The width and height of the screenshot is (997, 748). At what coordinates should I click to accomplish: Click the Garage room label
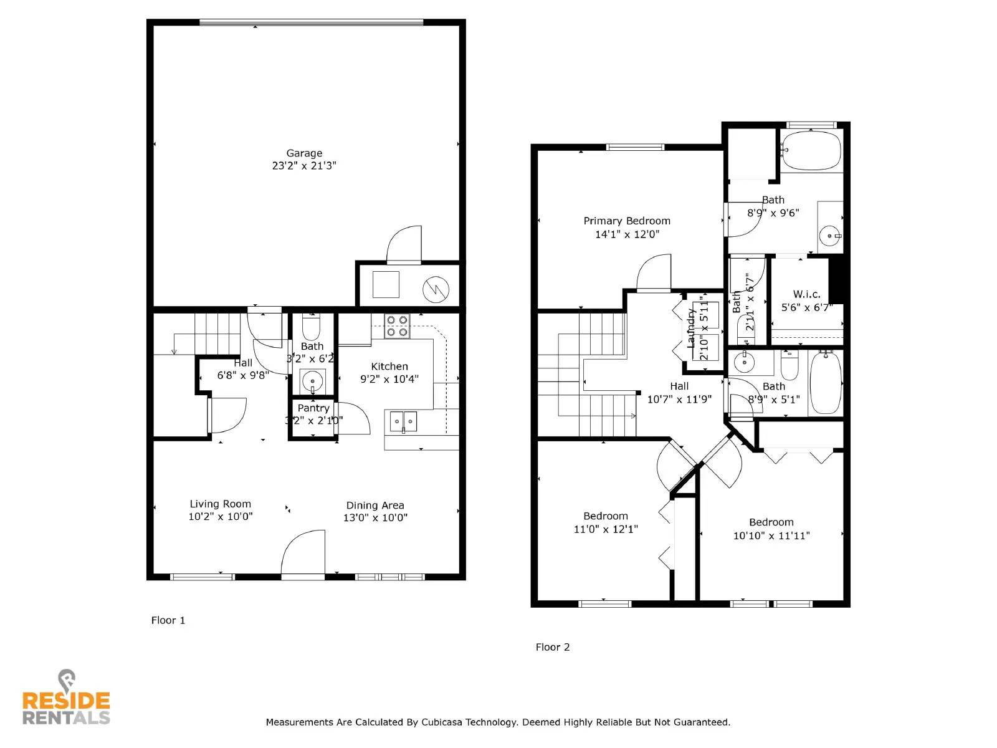point(304,153)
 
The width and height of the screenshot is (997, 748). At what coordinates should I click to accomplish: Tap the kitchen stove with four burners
point(396,326)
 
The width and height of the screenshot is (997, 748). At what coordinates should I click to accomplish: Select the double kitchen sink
point(403,421)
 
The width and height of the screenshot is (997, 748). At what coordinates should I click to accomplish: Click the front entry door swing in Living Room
point(304,552)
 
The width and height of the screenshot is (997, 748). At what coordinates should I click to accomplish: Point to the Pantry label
point(313,408)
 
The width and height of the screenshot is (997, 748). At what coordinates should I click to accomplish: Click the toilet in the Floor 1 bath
point(311,327)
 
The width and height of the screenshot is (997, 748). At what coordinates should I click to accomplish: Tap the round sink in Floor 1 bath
point(312,380)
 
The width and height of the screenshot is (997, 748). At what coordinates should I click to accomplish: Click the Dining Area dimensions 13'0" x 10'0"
point(375,517)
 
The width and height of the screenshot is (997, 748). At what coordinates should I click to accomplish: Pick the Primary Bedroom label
point(627,221)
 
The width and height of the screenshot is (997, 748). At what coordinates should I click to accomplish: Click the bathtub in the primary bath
point(811,150)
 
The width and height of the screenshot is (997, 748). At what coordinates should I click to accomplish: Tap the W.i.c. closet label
point(806,294)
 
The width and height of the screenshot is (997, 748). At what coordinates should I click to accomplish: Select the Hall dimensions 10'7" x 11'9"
point(679,400)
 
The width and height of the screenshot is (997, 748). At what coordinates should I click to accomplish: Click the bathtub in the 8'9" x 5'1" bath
point(826,383)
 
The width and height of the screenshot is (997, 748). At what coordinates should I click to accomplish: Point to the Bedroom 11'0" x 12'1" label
point(606,516)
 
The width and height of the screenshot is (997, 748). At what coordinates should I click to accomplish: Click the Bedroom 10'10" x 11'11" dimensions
point(771,535)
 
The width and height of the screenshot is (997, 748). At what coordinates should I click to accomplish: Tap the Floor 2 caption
point(553,647)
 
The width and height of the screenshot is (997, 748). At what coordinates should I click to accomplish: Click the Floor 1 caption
point(168,620)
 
